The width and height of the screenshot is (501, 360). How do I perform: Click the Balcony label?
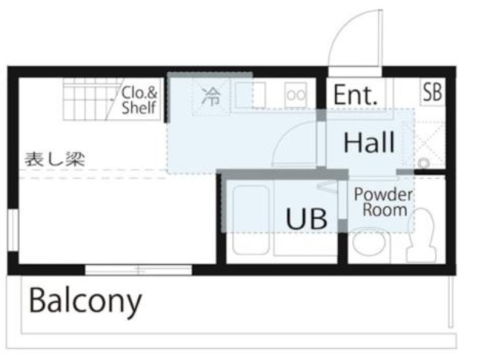coord(85,301)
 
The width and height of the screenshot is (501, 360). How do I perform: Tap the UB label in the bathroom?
coord(307,219)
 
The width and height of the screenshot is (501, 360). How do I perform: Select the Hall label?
coord(369,142)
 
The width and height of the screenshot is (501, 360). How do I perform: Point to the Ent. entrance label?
coord(355,95)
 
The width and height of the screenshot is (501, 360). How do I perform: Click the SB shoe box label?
coord(432,92)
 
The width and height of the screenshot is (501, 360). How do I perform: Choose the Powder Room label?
coord(383,202)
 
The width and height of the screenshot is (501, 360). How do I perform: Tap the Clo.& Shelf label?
coord(139,100)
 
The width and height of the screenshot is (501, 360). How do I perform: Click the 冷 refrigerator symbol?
coord(211,96)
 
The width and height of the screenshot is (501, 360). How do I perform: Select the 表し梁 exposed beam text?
coord(55,159)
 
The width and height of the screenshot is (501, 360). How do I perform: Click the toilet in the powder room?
coord(421,235)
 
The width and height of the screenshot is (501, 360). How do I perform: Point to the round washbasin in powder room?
coord(368,242)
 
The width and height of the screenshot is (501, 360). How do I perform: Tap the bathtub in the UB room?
coord(251,220)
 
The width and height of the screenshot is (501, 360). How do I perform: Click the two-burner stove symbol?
coord(296,95)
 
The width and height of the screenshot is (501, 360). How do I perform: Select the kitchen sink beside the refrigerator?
coord(250,95)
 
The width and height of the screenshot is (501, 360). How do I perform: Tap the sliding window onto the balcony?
coord(138,270)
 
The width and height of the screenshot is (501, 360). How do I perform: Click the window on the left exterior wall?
coord(13,230)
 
